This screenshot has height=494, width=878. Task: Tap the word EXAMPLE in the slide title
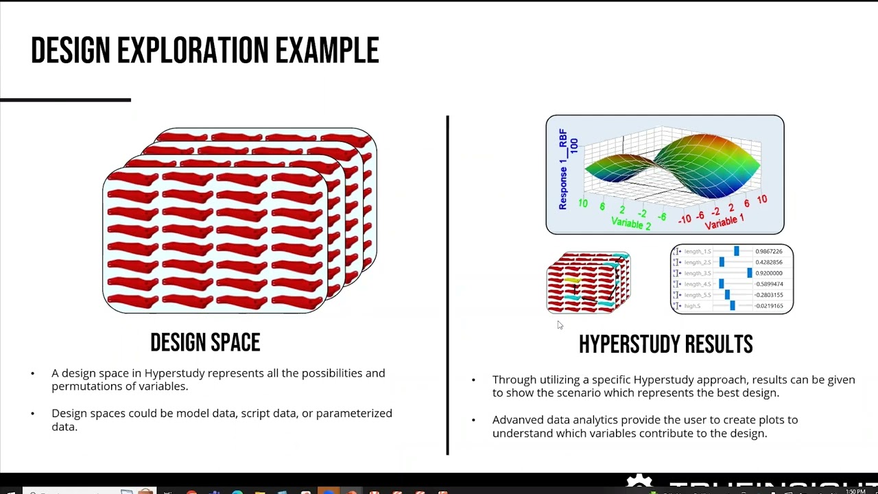tap(327, 51)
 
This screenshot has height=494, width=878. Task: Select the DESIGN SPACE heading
tap(205, 342)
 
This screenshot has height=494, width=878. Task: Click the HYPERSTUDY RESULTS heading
tap(665, 344)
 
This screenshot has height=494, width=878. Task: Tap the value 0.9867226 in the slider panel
tap(768, 251)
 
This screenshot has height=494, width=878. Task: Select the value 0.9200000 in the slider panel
tap(768, 273)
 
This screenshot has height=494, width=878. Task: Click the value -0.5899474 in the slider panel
tap(768, 284)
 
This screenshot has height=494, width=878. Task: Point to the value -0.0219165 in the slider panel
tap(768, 306)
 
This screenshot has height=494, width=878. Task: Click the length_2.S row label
tap(698, 262)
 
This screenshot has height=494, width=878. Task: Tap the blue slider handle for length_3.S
tap(749, 273)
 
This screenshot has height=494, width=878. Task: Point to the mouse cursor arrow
tap(559, 325)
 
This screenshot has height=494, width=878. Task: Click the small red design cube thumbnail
tap(589, 283)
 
